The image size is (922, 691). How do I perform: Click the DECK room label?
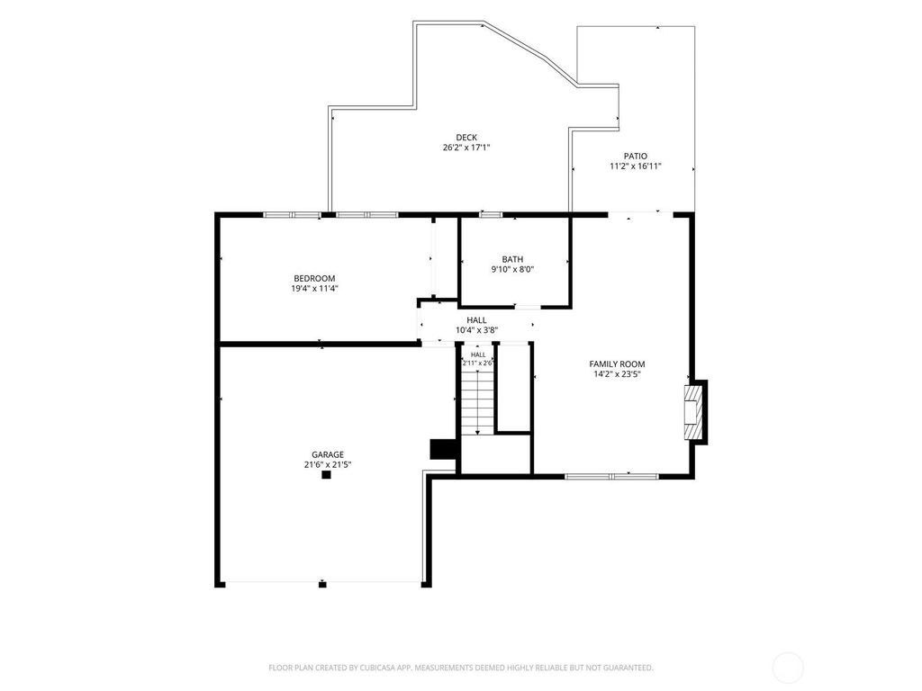click(466, 138)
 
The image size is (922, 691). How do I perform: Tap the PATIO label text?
click(635, 156)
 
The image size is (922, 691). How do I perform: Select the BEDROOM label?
click(314, 278)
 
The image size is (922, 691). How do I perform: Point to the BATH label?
click(512, 259)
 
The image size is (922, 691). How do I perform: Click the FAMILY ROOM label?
click(618, 363)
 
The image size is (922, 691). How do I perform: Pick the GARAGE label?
click(328, 454)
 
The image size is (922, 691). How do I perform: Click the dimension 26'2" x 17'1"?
click(466, 148)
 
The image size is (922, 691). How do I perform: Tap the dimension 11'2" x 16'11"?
click(636, 166)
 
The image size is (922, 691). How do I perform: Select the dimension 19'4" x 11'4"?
click(314, 289)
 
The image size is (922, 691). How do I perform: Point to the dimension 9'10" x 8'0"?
click(512, 270)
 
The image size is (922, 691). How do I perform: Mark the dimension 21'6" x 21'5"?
click(328, 465)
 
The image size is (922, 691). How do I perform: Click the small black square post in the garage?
click(326, 475)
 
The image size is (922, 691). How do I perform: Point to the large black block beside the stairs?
click(443, 449)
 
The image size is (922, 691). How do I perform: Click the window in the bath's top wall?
click(491, 214)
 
